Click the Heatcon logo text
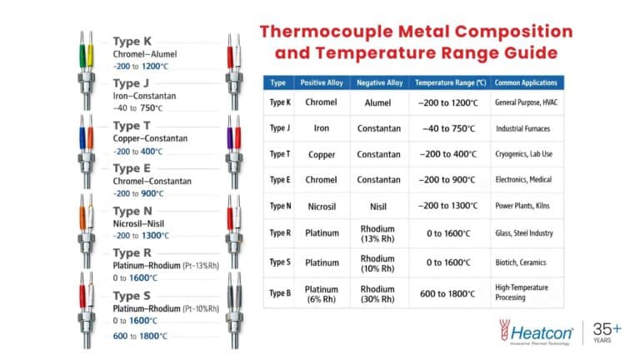tap(541, 333)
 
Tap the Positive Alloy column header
tap(322, 82)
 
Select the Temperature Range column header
tap(450, 82)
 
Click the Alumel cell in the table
tap(377, 102)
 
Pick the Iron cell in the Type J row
tap(321, 128)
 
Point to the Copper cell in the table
tap(322, 155)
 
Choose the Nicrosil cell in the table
tap(322, 207)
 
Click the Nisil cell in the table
tap(378, 207)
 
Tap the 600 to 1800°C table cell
tap(447, 293)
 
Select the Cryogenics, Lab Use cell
tap(523, 154)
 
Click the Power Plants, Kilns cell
tap(522, 206)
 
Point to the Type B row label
tap(280, 293)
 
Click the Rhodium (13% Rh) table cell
tap(377, 233)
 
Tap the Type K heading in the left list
tap(132, 41)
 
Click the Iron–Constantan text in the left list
tap(144, 96)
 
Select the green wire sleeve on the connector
tap(82, 56)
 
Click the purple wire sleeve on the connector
tap(230, 138)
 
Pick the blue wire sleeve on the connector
tap(82, 138)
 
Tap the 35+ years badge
tap(607, 332)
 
